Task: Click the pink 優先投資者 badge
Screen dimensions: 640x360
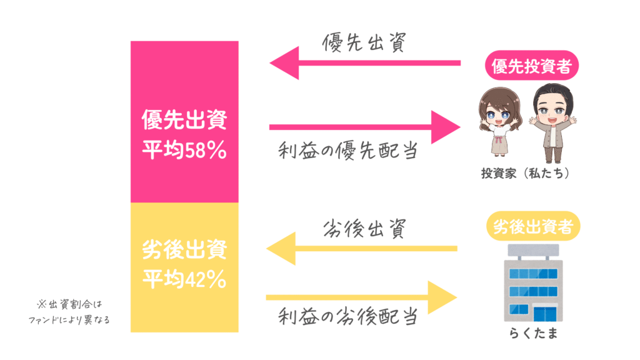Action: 531,65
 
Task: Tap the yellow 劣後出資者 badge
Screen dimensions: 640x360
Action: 533,226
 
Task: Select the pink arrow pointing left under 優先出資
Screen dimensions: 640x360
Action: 365,63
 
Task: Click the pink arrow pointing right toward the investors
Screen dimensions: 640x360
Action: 365,127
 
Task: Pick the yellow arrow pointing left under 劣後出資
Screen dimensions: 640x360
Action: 362,248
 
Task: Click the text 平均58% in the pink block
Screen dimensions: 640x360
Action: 184,150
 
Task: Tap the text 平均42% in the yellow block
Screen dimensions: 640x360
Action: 184,279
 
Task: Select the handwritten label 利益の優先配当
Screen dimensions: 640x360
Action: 348,151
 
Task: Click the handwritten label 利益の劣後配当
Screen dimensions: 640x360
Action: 348,316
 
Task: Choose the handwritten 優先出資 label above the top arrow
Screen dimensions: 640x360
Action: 364,42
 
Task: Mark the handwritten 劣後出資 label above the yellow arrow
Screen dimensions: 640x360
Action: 364,228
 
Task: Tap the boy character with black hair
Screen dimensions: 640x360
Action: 553,123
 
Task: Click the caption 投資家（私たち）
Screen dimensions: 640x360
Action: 525,174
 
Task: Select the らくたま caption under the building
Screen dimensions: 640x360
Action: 534,334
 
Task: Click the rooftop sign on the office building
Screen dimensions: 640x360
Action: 534,249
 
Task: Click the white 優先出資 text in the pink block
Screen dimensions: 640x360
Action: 184,119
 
